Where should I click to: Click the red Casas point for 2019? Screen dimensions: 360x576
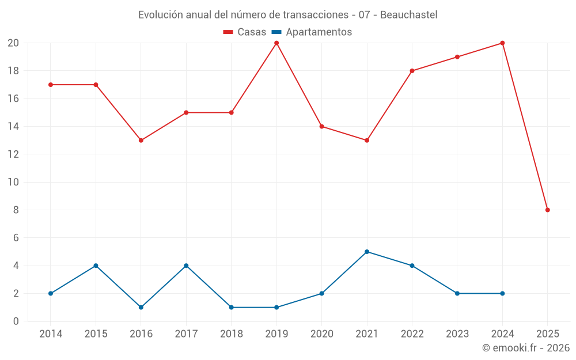click(x=276, y=43)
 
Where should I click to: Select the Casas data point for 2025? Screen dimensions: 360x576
click(x=547, y=210)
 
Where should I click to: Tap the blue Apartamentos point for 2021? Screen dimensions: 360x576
click(x=367, y=252)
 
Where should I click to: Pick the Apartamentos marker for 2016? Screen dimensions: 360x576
click(x=141, y=308)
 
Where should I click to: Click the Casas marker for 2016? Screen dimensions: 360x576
click(x=141, y=141)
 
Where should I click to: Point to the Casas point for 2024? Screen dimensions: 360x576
click(x=502, y=43)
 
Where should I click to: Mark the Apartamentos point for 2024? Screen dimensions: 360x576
click(x=502, y=294)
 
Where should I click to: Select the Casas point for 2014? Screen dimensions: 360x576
click(x=51, y=85)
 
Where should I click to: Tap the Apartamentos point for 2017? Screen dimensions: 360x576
click(x=186, y=266)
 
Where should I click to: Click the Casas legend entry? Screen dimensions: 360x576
click(x=245, y=32)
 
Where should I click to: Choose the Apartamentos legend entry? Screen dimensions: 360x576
click(x=312, y=32)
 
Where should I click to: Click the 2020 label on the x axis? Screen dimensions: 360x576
click(x=321, y=334)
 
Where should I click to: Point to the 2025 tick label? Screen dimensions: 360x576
click(x=547, y=334)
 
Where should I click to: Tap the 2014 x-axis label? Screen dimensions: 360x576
click(x=51, y=334)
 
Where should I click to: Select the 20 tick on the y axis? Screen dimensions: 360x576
click(x=13, y=43)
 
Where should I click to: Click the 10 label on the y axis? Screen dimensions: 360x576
click(x=13, y=182)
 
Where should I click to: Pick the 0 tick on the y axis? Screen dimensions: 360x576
click(x=16, y=321)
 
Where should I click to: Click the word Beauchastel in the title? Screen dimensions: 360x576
click(x=407, y=14)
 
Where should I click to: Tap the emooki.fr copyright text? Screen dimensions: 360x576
click(x=526, y=348)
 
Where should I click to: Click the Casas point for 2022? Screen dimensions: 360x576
click(x=412, y=71)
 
